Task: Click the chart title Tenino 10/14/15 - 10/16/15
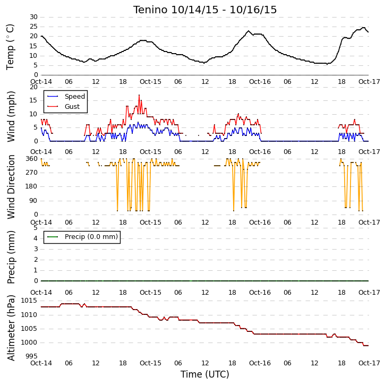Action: pos(205,10)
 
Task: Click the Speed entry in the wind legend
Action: pos(75,97)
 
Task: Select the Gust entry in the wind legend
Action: pos(72,107)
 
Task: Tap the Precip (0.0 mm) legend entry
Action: pos(91,237)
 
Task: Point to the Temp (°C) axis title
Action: pos(10,47)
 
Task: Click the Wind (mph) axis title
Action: pos(11,116)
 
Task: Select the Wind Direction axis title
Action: pos(11,186)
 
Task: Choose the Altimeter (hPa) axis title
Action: pos(11,328)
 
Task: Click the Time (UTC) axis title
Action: pos(205,374)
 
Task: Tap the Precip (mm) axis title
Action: pos(11,257)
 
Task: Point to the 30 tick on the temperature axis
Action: pos(33,17)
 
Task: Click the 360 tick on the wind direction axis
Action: pos(32,159)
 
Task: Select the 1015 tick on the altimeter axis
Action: pos(29,301)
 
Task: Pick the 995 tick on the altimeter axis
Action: pos(32,356)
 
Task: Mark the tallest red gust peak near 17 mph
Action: pos(139,95)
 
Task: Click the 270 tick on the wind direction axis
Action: pos(32,173)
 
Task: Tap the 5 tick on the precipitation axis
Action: pos(36,228)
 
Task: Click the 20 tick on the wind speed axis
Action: pos(33,87)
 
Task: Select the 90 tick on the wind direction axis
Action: pos(33,201)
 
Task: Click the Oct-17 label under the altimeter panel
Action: pos(369,363)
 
